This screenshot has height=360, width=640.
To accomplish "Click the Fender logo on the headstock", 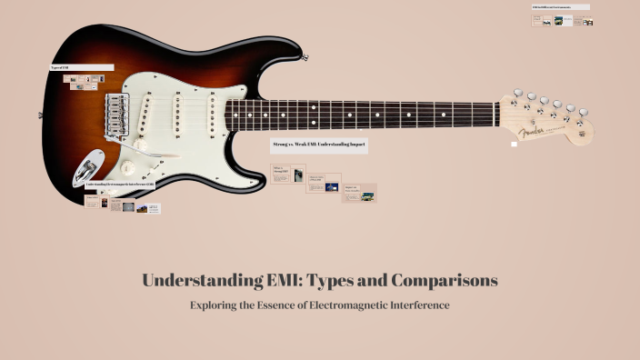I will [x=542, y=131].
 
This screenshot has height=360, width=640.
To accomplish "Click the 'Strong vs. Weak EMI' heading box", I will [x=319, y=145].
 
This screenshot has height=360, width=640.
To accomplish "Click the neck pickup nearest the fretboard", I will [x=212, y=113].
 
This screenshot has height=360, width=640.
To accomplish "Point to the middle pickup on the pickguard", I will [x=178, y=114].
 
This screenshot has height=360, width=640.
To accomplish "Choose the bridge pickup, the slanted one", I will [x=145, y=116].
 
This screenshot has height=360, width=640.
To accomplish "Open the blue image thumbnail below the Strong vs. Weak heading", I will [x=332, y=187].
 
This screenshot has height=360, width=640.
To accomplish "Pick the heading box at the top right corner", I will [x=560, y=7].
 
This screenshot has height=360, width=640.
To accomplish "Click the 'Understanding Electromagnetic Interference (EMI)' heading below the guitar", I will [x=121, y=185].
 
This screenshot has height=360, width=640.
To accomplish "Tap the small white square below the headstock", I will [x=515, y=144].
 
